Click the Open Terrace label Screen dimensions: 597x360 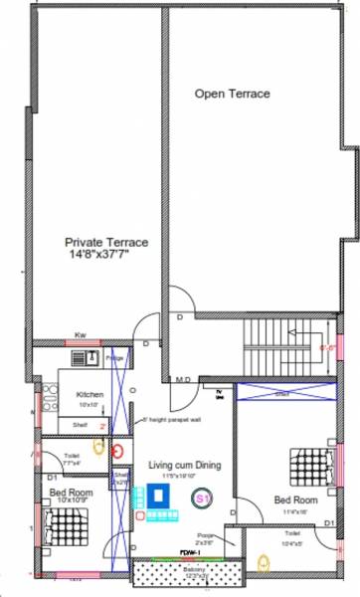[x=232, y=95]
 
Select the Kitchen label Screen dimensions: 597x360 [x=90, y=395]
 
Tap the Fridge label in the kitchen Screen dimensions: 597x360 [x=114, y=356]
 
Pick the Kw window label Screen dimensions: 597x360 [x=80, y=336]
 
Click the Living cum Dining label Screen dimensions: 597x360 [x=184, y=465]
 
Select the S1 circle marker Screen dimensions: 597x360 [x=202, y=496]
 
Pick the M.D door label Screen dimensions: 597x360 [x=183, y=379]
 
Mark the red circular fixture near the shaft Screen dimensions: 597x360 [x=119, y=449]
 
